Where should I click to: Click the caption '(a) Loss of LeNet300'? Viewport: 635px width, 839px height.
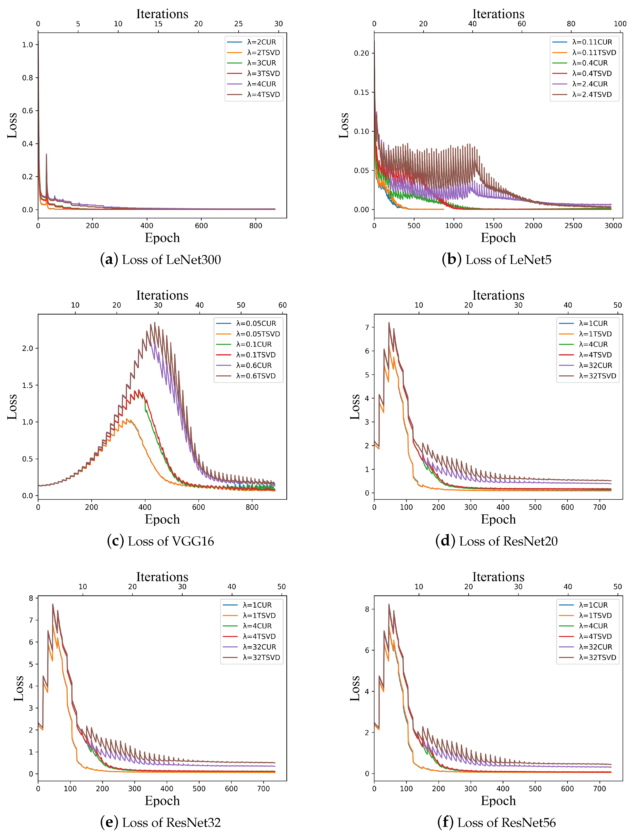tap(160, 260)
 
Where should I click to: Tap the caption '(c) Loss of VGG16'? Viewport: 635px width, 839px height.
tap(160, 541)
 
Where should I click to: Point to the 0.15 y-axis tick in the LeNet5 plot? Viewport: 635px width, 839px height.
tap(361, 92)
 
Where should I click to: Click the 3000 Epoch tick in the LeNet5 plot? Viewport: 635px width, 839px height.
tap(613, 226)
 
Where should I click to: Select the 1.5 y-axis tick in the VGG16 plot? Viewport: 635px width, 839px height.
tap(27, 385)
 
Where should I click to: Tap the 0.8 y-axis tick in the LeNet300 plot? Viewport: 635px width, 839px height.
tap(27, 78)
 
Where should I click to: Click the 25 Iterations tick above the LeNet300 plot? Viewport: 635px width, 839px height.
tap(238, 24)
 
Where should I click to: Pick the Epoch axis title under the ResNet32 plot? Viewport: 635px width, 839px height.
tap(162, 800)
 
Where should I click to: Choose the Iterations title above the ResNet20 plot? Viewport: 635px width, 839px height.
tap(498, 295)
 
